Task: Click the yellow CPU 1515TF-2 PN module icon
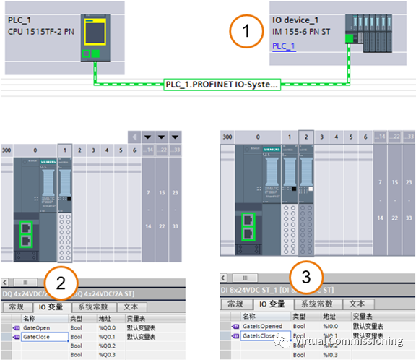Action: (x=95, y=33)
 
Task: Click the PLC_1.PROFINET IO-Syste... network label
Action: (x=220, y=84)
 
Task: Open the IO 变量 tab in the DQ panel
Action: (x=52, y=307)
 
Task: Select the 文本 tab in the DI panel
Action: (x=355, y=304)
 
